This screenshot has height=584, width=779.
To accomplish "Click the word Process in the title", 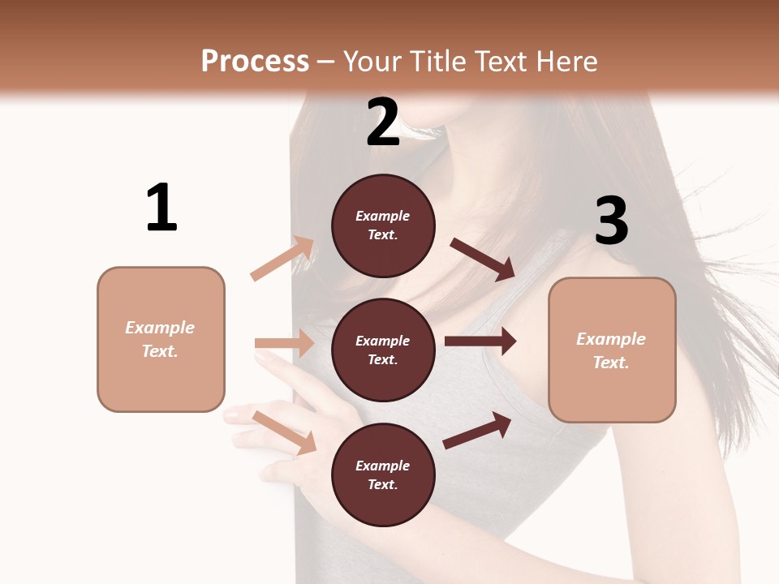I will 255,62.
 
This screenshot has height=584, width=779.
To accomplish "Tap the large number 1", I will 161,208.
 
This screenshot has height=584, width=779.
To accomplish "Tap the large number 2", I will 383,122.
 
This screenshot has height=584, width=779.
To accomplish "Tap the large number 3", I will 611,221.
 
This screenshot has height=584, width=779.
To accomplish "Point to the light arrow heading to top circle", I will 282,259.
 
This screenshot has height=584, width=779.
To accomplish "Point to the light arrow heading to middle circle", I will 285,343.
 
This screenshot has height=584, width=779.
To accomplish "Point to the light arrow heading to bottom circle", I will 285,432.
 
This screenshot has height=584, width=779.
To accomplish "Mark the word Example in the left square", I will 160,328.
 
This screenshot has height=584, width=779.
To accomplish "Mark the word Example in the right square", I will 611,339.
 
